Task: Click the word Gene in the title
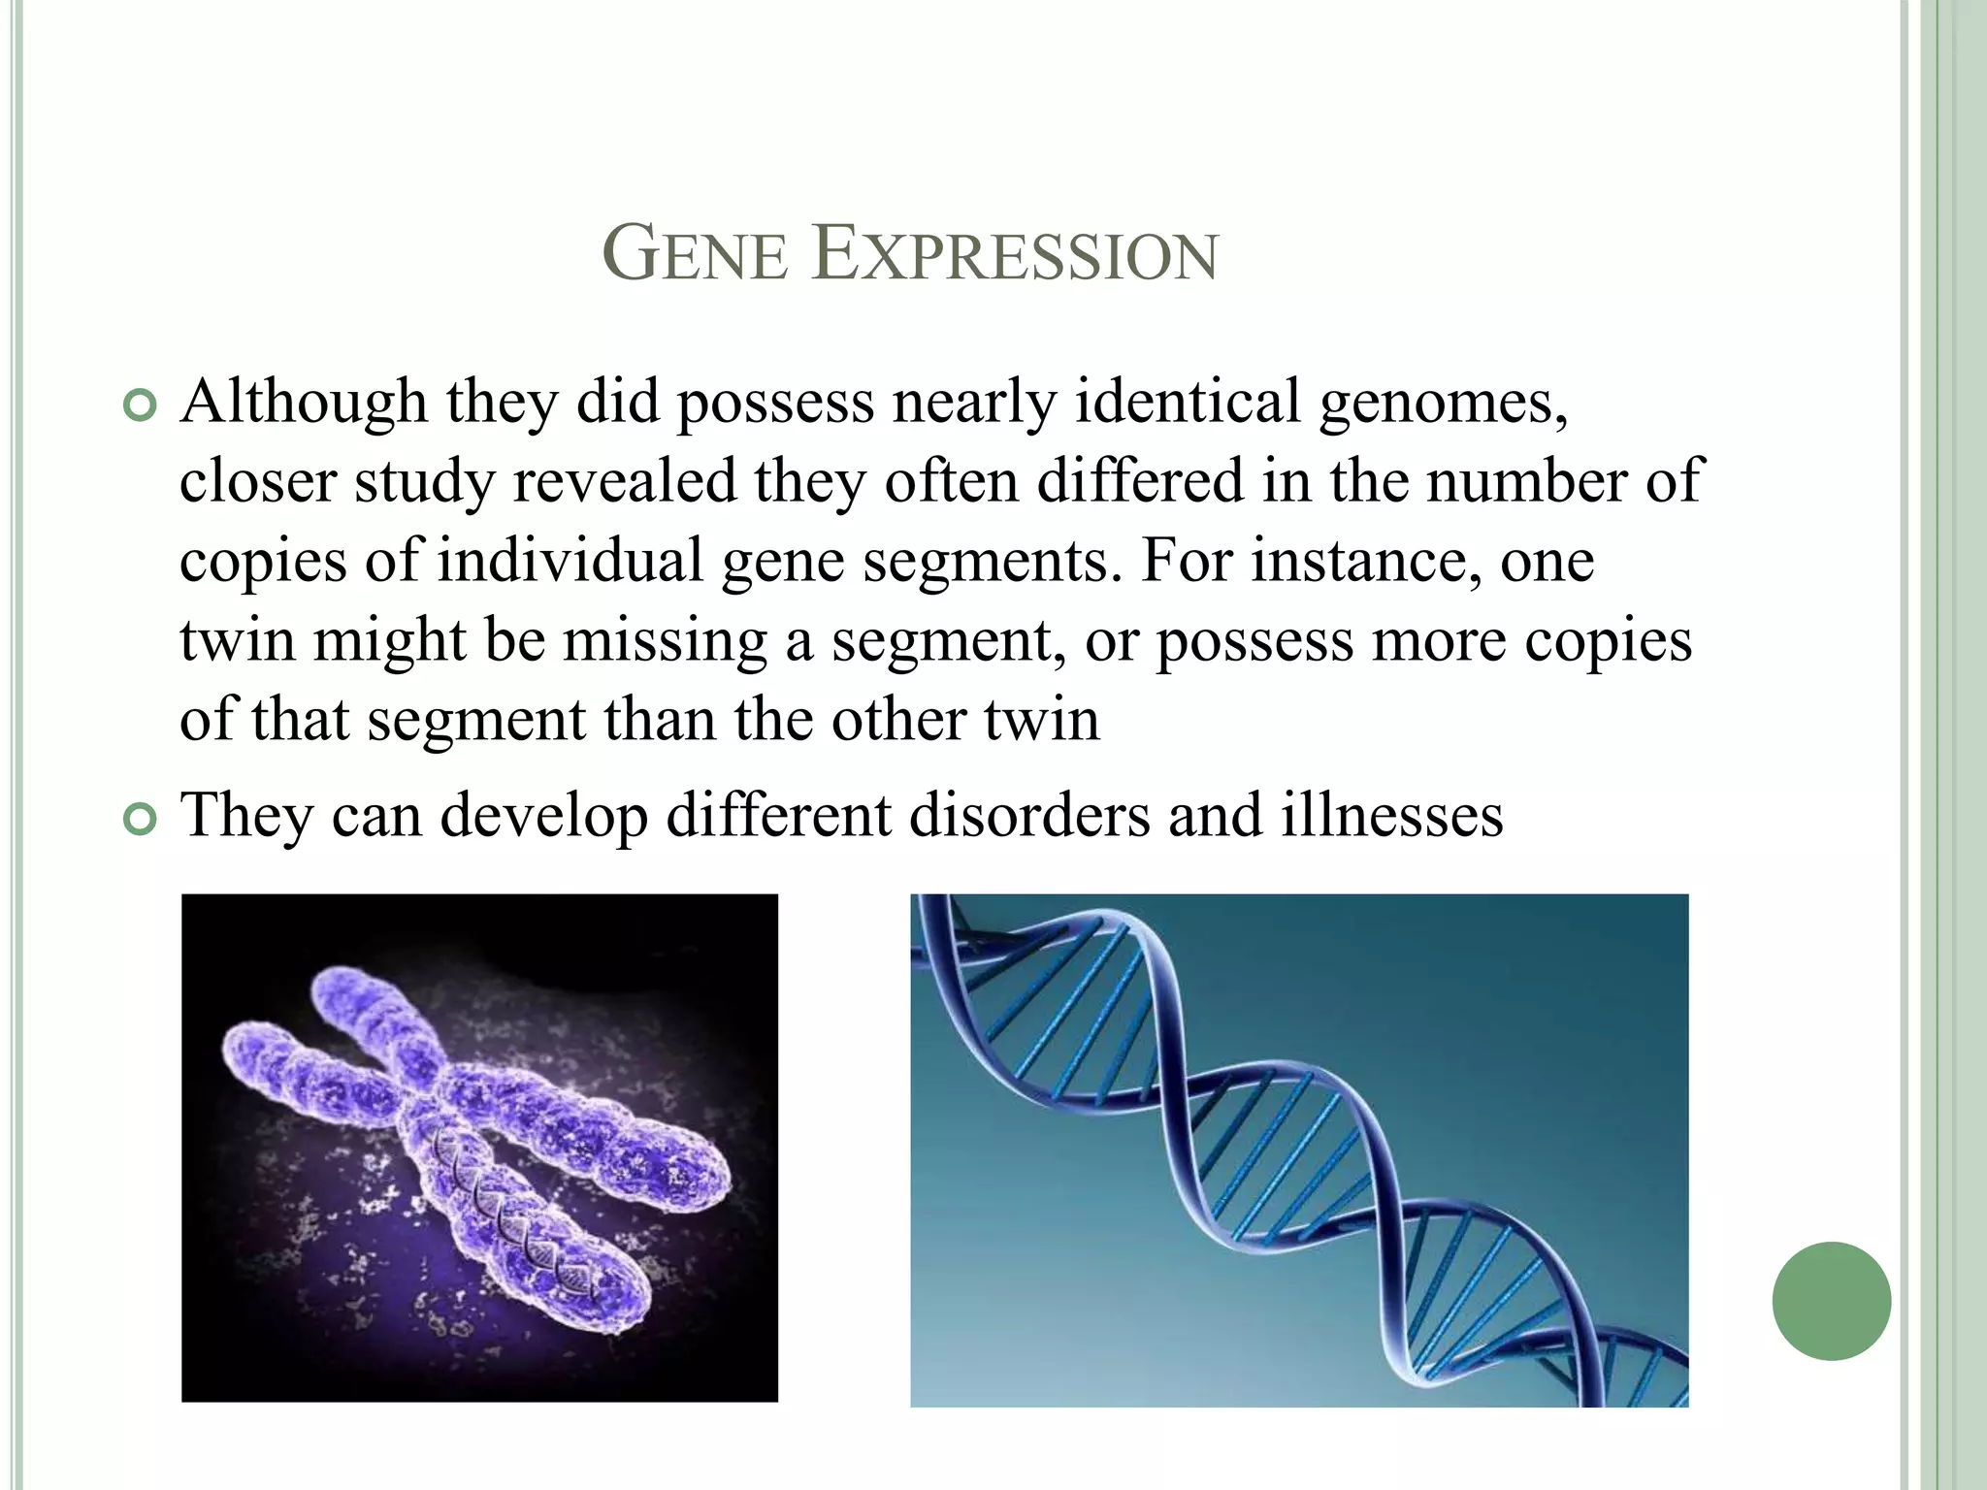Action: coord(695,255)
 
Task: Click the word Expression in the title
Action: coord(1015,255)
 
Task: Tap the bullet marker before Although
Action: coord(140,406)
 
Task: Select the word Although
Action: coord(304,403)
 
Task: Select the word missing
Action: coord(665,642)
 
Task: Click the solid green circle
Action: coord(1831,1301)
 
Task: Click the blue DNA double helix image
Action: coord(1298,1150)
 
